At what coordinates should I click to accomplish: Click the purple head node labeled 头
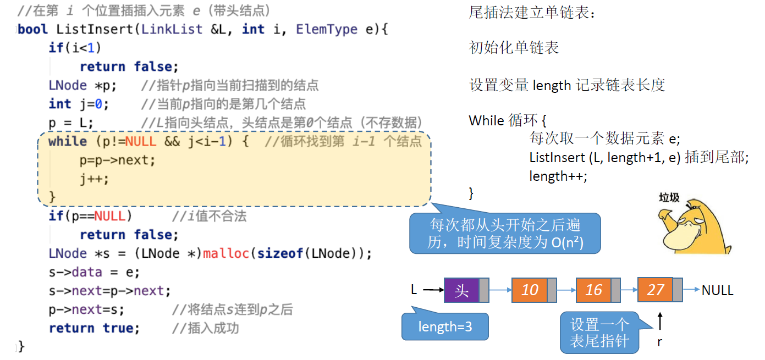[x=461, y=290]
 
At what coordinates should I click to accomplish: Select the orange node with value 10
[x=529, y=290]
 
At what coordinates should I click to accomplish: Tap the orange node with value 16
[x=593, y=290]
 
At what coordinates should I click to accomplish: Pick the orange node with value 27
[x=655, y=290]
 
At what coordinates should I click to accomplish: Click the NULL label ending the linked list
[x=717, y=290]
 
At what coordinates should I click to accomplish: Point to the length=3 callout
[x=445, y=327]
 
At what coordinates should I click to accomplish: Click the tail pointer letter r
[x=659, y=342]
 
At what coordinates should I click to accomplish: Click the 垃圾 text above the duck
[x=669, y=197]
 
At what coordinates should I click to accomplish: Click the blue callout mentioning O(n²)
[x=505, y=234]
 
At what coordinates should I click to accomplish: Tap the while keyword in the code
[x=68, y=141]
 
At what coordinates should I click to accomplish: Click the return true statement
[x=94, y=328]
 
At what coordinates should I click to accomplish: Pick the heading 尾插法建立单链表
[x=531, y=13]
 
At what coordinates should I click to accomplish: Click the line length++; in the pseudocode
[x=558, y=176]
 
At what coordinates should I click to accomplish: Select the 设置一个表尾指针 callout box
[x=599, y=333]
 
